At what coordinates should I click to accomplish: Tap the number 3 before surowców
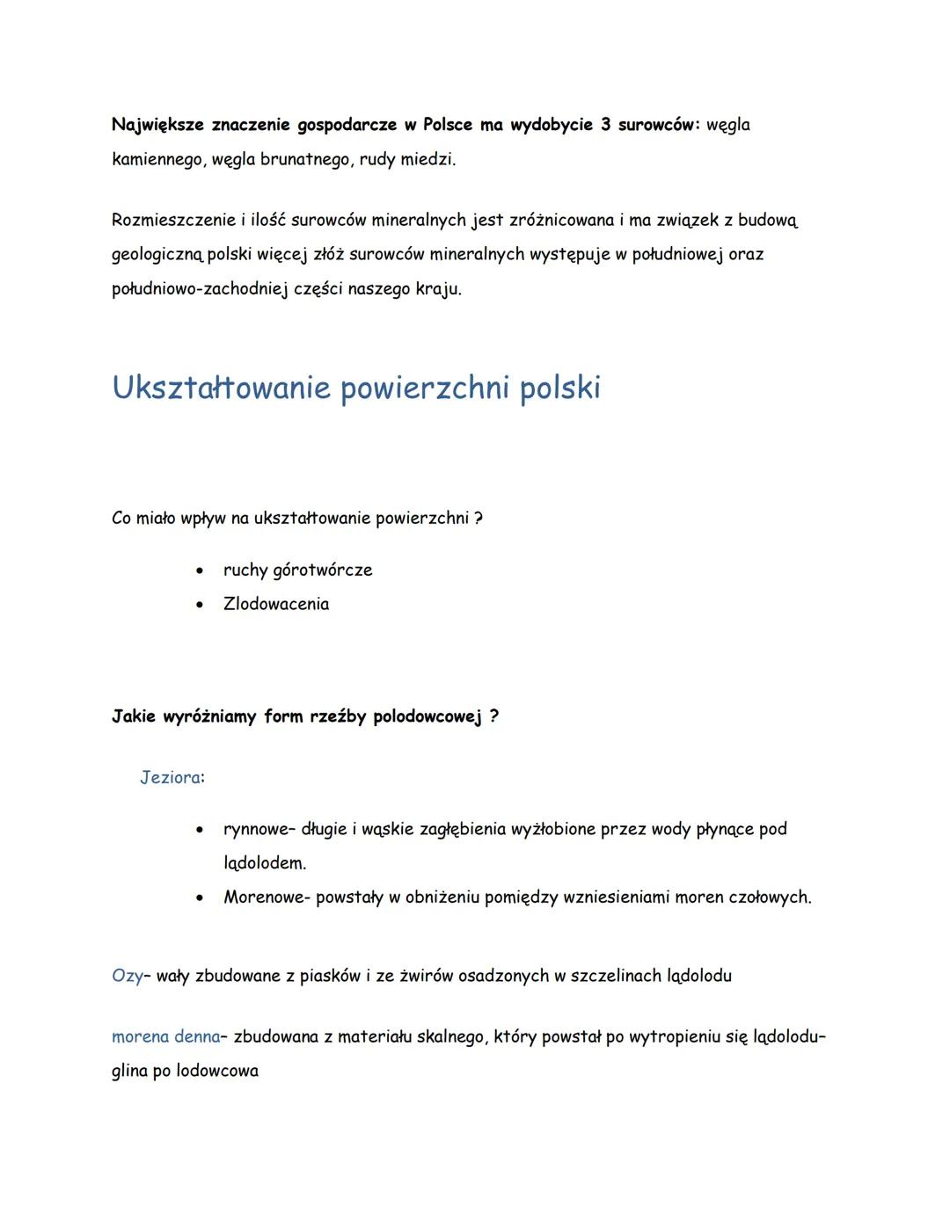(605, 125)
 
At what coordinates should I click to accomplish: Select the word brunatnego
(305, 160)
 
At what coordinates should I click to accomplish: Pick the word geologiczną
(157, 255)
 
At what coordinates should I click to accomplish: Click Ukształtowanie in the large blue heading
(220, 388)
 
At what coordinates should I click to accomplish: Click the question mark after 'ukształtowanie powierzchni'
(478, 519)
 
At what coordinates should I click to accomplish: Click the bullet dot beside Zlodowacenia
(201, 605)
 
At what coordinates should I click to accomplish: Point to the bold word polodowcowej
(427, 716)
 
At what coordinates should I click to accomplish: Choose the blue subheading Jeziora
(170, 778)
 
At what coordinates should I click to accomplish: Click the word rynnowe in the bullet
(255, 830)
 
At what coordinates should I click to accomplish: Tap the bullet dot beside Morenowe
(201, 898)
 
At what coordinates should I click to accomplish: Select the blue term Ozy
(127, 976)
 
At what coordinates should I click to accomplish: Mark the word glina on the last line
(129, 1072)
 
